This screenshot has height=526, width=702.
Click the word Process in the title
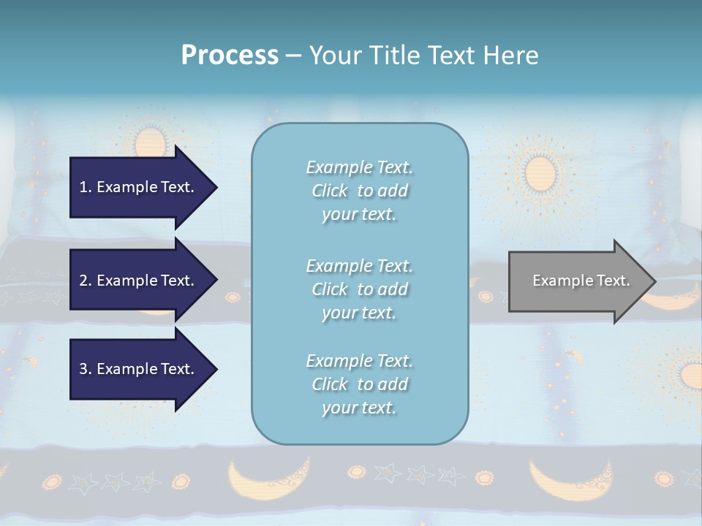tap(230, 55)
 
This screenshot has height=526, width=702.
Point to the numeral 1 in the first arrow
tap(83, 187)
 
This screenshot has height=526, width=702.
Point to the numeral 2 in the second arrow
tap(83, 281)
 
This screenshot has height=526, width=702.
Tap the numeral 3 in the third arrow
tap(83, 369)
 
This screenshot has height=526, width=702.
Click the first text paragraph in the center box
tap(359, 191)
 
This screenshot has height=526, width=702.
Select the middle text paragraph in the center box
tap(359, 289)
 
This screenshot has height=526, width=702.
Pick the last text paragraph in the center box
tap(359, 384)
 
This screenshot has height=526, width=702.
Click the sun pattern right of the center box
tap(541, 172)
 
